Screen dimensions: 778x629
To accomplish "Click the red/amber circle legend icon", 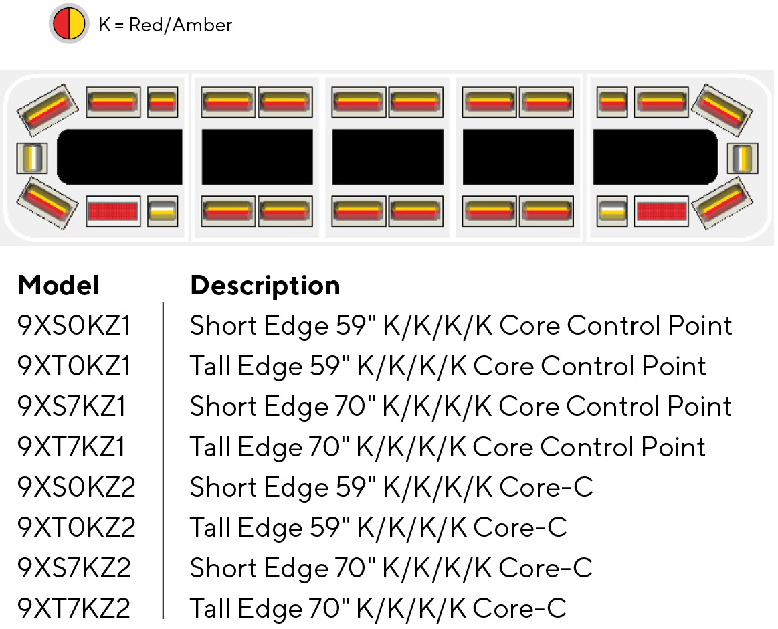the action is coord(69,23).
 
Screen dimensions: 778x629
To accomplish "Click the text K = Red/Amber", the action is coord(165,25).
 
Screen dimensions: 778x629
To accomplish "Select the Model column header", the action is coord(59,286).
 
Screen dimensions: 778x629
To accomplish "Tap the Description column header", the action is coord(265,286).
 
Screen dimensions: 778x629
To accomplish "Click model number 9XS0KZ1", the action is coord(74,326).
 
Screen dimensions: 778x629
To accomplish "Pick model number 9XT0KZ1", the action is coord(74,366).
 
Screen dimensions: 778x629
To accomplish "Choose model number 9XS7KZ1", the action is coord(71,406).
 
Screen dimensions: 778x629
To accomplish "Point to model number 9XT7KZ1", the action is coord(71,447).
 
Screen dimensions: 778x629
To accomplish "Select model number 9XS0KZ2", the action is coord(76,487).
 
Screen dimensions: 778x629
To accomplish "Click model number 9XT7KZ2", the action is coord(74,608).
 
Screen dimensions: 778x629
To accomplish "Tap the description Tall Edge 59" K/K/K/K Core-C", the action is coord(378,528).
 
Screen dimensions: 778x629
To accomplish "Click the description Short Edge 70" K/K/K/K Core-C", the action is coord(391,568).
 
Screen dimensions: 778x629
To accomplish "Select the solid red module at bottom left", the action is coord(113,211).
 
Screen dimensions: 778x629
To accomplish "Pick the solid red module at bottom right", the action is coord(662,211).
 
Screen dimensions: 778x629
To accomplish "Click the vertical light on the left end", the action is coord(32,158).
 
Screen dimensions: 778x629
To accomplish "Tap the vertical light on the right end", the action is coord(743,158).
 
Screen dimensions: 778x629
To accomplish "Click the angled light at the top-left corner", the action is coord(47,110).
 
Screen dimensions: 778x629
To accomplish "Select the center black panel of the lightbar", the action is coord(387,157).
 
